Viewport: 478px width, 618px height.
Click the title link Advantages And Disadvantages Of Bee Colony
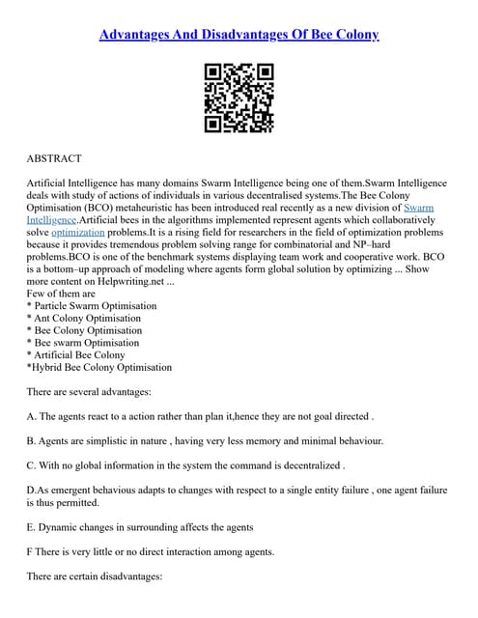[x=239, y=35]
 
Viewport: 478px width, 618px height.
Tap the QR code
[x=239, y=98]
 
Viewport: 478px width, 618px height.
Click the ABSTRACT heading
[x=54, y=158]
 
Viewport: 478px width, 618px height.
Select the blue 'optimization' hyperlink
[x=76, y=233]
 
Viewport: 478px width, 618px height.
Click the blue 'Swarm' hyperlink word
[x=418, y=207]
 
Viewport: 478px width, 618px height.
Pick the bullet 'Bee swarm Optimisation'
[x=84, y=343]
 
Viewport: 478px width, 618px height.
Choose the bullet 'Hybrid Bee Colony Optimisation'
[x=98, y=367]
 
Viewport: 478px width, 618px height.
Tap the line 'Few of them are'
[x=62, y=294]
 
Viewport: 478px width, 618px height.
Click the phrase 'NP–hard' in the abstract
[x=416, y=245]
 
